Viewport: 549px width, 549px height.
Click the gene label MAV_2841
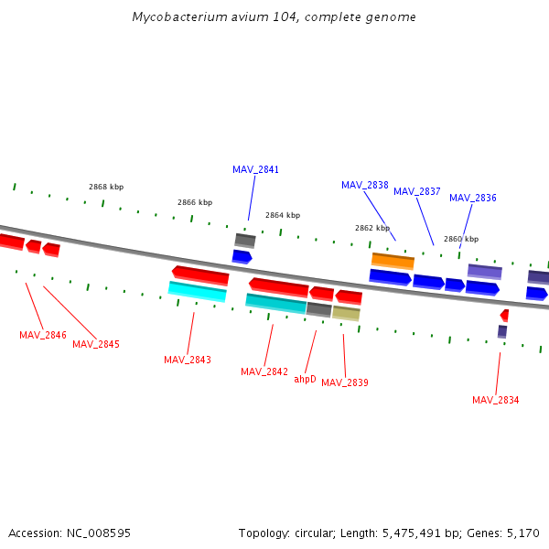(x=255, y=169)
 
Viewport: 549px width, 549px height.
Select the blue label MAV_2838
(x=365, y=185)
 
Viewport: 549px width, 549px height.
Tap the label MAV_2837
(x=417, y=191)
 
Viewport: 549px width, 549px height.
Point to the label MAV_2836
(x=473, y=198)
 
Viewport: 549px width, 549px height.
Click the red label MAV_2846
(x=43, y=335)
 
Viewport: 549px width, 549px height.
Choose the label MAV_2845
(x=96, y=344)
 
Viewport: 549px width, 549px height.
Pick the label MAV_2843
(x=188, y=360)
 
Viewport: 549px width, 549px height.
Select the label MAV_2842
(x=264, y=371)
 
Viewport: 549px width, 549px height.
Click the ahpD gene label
(x=305, y=379)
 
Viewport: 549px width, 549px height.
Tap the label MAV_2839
(x=345, y=382)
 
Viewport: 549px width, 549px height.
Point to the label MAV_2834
(x=496, y=400)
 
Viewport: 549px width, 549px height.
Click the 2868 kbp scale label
(x=106, y=187)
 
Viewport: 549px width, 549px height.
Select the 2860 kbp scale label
(x=461, y=239)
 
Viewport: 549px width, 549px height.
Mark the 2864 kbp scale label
(x=283, y=215)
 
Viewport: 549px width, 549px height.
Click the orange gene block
(x=393, y=261)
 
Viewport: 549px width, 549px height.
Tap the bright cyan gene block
(x=198, y=291)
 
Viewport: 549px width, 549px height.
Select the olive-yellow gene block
(x=346, y=313)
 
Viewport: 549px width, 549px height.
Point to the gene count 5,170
(x=522, y=533)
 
